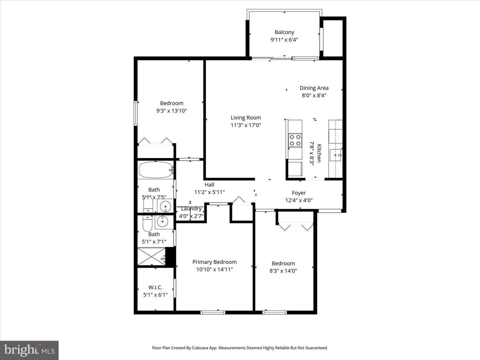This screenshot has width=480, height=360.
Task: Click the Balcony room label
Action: (284, 32)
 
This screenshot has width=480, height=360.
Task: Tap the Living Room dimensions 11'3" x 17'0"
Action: (246, 125)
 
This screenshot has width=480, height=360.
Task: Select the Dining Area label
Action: (314, 88)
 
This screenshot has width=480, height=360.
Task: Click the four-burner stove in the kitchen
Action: (295, 140)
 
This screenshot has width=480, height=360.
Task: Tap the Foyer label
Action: (299, 193)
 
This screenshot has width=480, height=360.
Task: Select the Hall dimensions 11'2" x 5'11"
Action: (209, 192)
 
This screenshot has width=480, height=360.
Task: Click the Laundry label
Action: (191, 209)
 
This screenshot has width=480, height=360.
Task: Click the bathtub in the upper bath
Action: (155, 170)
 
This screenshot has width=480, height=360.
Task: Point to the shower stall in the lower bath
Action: (151, 256)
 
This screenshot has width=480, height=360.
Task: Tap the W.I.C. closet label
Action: (155, 287)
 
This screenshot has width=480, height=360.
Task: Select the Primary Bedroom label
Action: (214, 262)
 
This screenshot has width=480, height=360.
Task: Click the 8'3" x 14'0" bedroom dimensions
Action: (283, 271)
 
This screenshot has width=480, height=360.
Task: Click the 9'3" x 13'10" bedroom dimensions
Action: (171, 111)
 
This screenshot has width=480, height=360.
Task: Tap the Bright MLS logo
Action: (29, 350)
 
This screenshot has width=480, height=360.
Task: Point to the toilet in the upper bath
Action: (148, 204)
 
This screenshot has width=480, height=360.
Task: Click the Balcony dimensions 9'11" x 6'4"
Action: (284, 40)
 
